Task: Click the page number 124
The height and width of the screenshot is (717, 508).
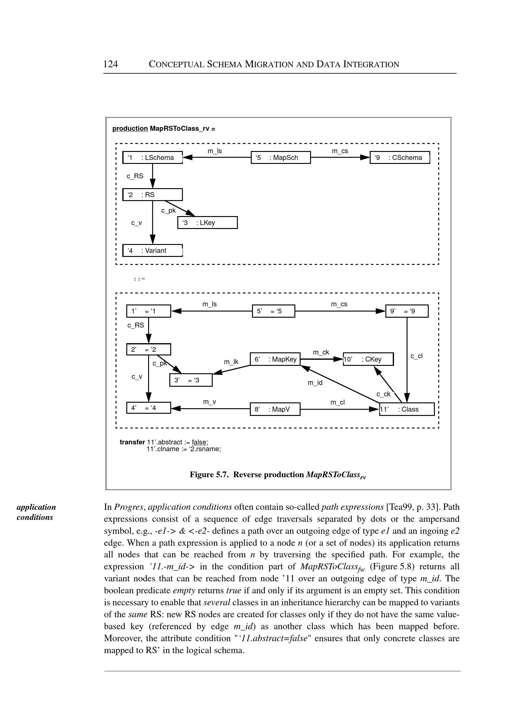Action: (x=110, y=64)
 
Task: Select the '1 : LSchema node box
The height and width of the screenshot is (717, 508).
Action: (x=152, y=157)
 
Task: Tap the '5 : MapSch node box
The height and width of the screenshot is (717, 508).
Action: (x=281, y=157)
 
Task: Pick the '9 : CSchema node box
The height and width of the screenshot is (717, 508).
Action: (x=400, y=157)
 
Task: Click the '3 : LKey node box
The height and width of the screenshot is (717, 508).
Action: (x=207, y=223)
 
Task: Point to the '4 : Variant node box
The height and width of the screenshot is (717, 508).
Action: (x=152, y=250)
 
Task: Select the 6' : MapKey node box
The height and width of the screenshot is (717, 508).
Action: (x=275, y=359)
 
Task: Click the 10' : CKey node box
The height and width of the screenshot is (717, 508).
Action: (x=368, y=359)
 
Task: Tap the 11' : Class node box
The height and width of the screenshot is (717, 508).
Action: (x=407, y=409)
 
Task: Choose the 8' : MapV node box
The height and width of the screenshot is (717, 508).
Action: (x=275, y=409)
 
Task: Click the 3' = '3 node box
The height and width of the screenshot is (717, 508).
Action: (x=191, y=380)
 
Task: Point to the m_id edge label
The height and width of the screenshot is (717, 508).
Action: (x=315, y=383)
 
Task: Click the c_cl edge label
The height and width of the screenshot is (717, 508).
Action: (x=416, y=356)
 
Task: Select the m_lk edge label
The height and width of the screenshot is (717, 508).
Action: (x=231, y=362)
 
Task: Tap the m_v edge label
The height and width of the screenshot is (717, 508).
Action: (x=209, y=402)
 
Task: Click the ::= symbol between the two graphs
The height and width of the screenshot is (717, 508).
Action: (x=140, y=279)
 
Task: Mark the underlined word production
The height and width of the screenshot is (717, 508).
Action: (x=130, y=128)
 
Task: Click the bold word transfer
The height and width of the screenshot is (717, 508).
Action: (x=132, y=442)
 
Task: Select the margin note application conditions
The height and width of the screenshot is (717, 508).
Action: (x=36, y=512)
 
